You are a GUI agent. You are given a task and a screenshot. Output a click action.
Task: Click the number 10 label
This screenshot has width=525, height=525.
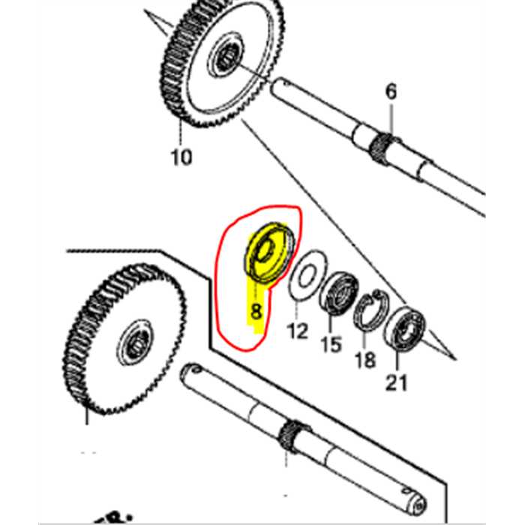(181, 157)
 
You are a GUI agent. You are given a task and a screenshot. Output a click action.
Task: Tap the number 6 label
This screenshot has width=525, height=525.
(391, 92)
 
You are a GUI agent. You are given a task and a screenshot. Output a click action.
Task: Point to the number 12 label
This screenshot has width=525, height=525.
(298, 330)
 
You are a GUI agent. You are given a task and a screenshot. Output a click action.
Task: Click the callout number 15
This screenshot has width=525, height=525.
(331, 345)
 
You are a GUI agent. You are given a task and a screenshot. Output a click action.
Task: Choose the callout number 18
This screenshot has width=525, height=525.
(365, 360)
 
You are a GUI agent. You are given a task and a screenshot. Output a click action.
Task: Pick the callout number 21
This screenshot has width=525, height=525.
(396, 383)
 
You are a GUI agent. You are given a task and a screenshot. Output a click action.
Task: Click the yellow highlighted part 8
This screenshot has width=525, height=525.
(266, 252)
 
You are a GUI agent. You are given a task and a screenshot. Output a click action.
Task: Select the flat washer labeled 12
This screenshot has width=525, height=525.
(304, 278)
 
